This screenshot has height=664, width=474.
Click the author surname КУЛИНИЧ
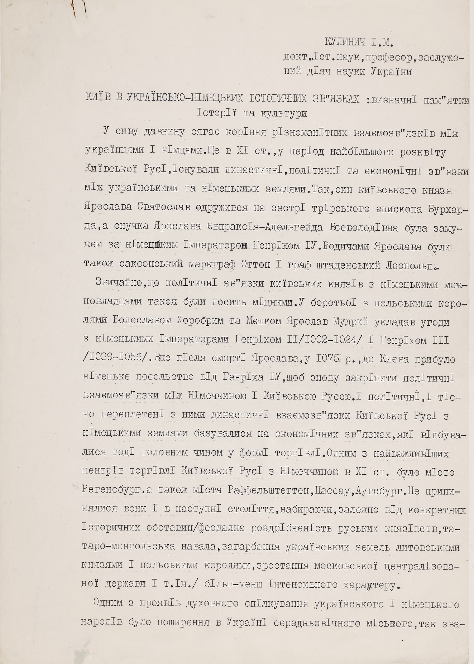click(x=346, y=42)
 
